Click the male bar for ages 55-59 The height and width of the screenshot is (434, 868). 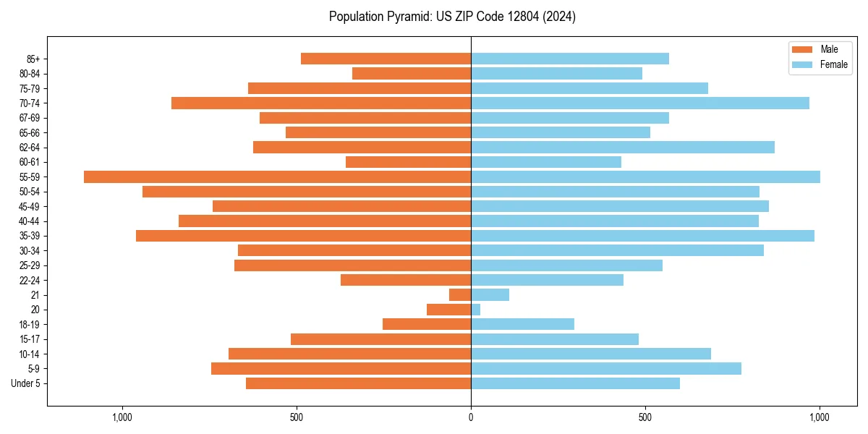tap(277, 176)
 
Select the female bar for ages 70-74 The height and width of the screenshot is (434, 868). tap(640, 103)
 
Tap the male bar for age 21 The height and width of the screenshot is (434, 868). tap(460, 294)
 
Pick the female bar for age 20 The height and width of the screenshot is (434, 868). tap(475, 310)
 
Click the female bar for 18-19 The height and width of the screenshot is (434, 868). tap(522, 324)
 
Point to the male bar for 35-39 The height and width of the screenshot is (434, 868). tap(303, 236)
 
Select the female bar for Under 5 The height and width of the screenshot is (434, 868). tap(575, 383)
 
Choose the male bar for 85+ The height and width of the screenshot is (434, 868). tap(386, 59)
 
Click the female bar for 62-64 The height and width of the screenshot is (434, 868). tap(623, 147)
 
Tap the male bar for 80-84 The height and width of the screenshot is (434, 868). tap(412, 73)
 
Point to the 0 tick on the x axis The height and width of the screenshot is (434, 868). tap(471, 417)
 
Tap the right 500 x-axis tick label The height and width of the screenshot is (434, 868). tap(645, 417)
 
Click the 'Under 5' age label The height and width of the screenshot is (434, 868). tap(25, 383)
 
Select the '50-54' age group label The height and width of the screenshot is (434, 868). tap(30, 192)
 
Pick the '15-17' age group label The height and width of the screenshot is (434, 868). tap(30, 339)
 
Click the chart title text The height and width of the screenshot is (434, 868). tap(452, 17)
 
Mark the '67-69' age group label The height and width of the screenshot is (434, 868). tap(30, 118)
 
